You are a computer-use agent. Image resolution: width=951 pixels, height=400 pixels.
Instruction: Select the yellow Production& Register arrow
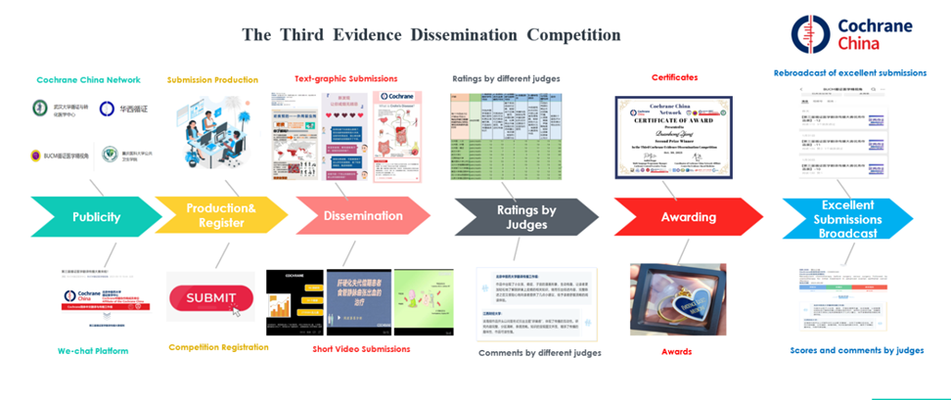coord(221,216)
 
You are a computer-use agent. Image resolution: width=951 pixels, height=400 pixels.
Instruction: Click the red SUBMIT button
coord(211,297)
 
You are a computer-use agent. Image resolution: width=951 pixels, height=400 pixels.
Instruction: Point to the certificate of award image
coord(674,137)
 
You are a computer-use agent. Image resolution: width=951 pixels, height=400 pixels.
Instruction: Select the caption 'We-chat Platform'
coord(93,350)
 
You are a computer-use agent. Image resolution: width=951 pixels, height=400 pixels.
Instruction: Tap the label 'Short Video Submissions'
coord(361,348)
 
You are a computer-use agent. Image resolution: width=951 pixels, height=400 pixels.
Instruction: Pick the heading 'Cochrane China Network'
coord(88,79)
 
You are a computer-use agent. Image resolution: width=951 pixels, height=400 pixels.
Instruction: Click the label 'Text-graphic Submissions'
coord(346,79)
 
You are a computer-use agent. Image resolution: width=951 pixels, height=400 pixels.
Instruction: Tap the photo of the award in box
coord(677,298)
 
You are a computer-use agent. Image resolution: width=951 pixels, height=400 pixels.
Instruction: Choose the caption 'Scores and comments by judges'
coord(856,349)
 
